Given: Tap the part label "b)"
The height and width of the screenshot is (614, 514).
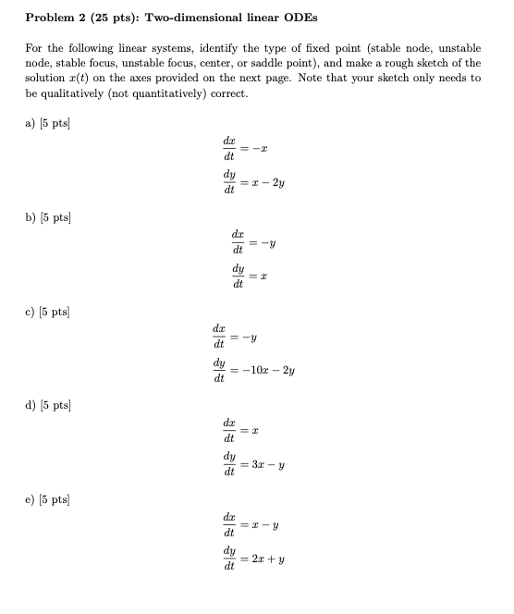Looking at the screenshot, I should (x=31, y=217).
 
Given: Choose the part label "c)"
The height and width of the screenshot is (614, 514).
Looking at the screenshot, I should (x=31, y=310).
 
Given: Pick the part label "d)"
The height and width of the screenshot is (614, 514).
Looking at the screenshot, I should (x=31, y=404).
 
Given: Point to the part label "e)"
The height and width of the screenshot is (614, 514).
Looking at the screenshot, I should (x=31, y=498).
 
